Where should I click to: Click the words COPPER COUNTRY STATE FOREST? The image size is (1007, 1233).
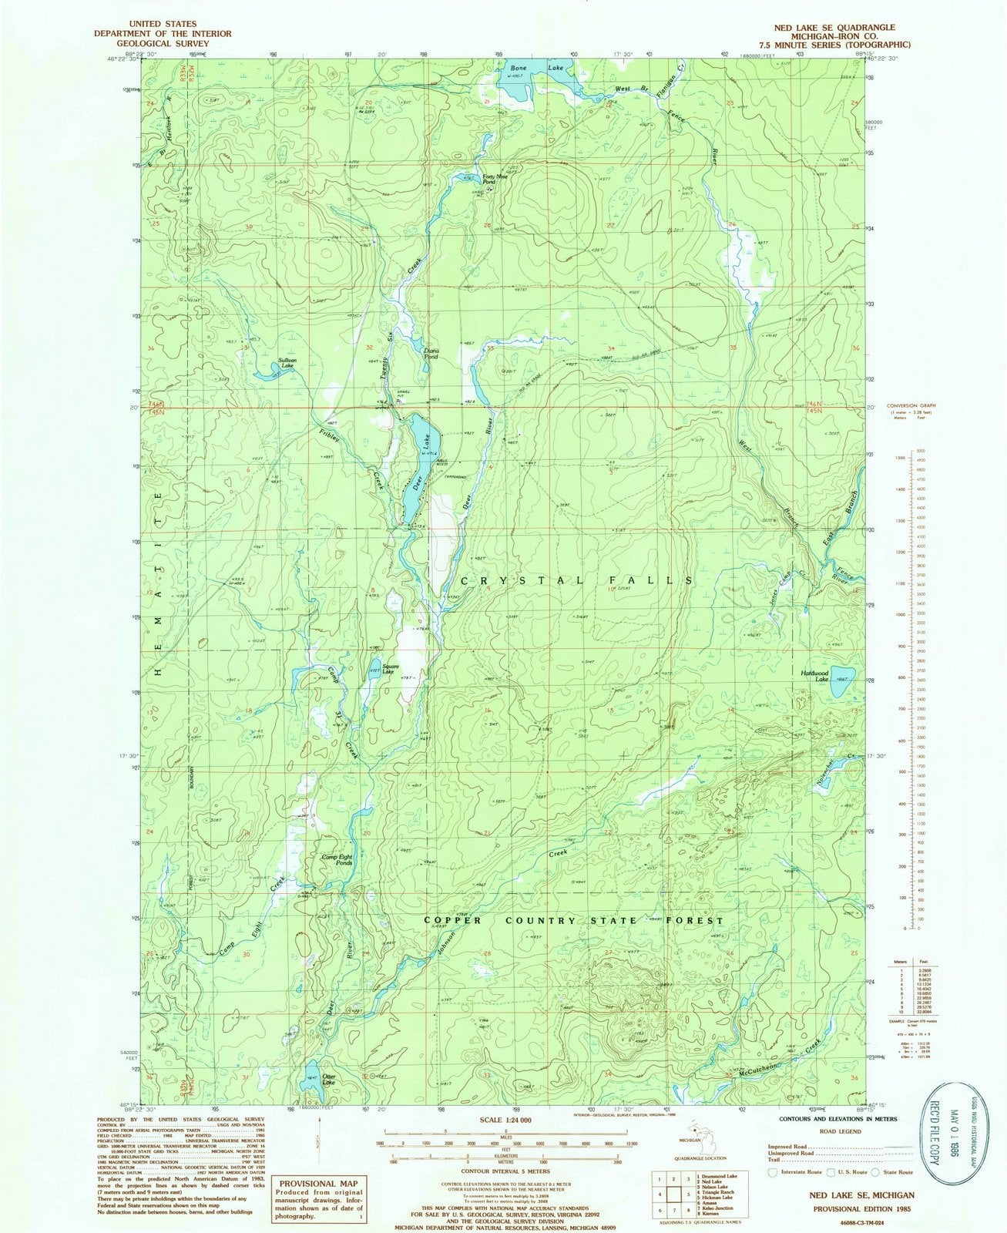574,920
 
